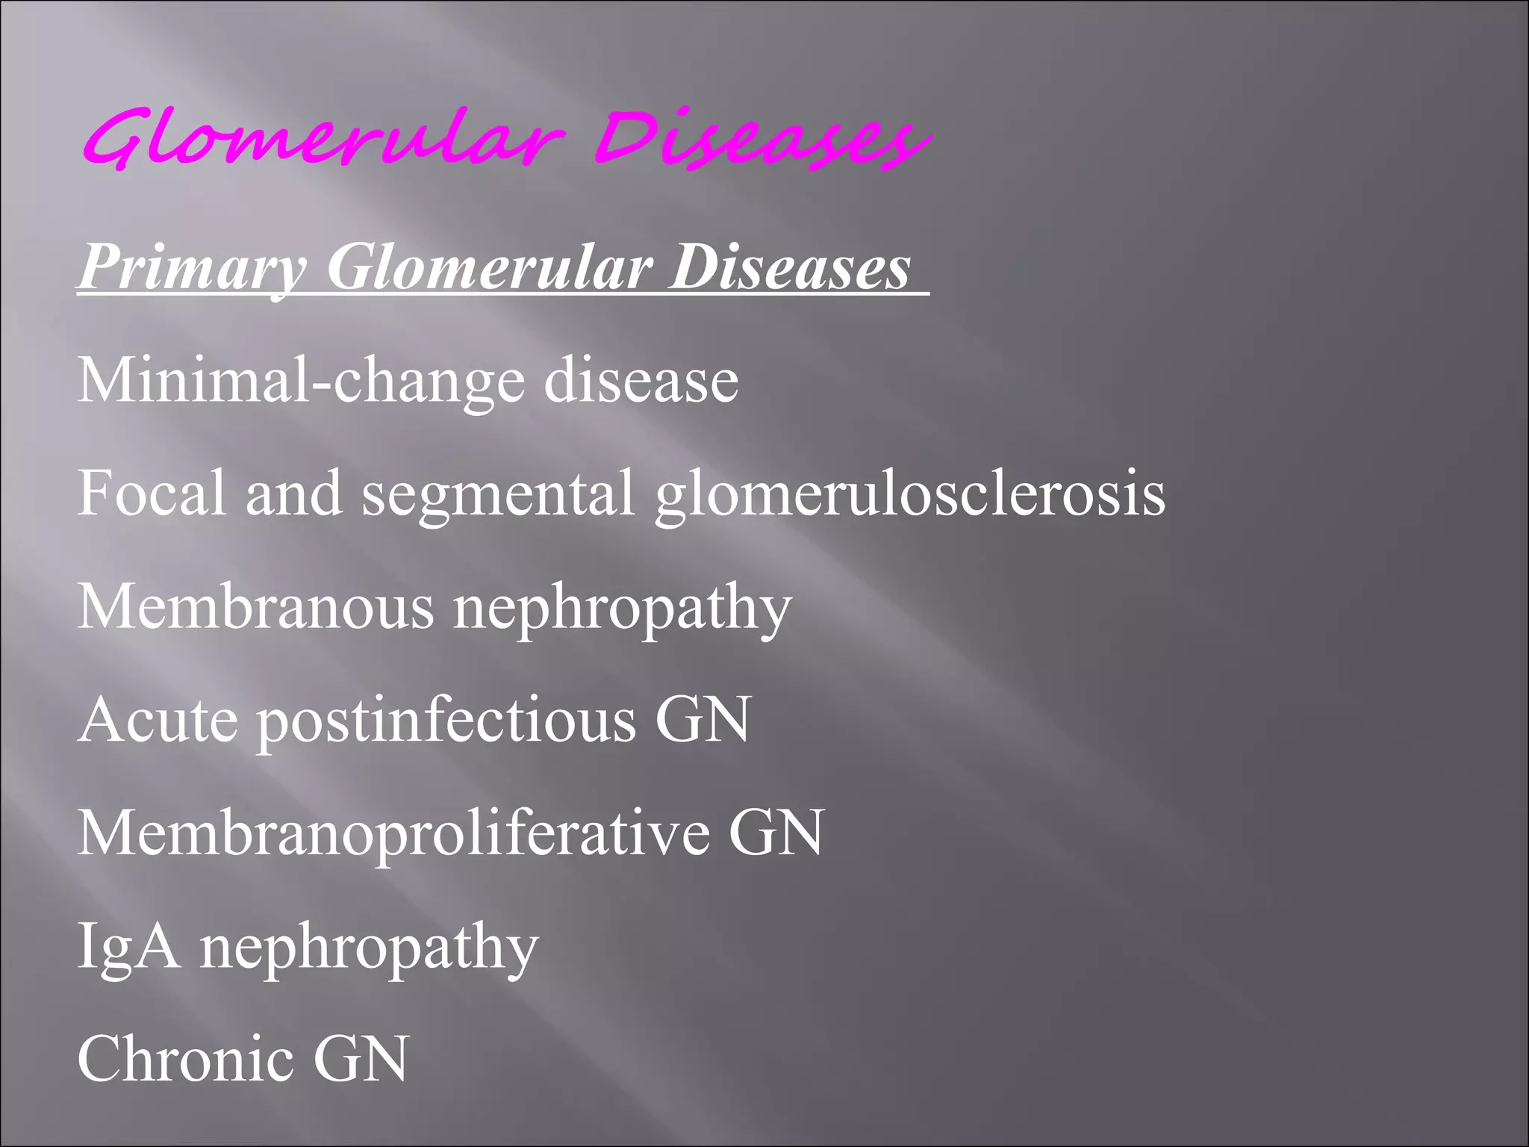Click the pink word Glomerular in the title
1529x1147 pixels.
pos(321,138)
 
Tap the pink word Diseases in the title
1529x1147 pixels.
pos(762,138)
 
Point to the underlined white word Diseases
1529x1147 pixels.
pos(789,267)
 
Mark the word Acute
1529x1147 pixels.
pos(158,720)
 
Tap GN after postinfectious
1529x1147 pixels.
pos(703,720)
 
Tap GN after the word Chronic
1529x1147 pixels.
pos(361,1058)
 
